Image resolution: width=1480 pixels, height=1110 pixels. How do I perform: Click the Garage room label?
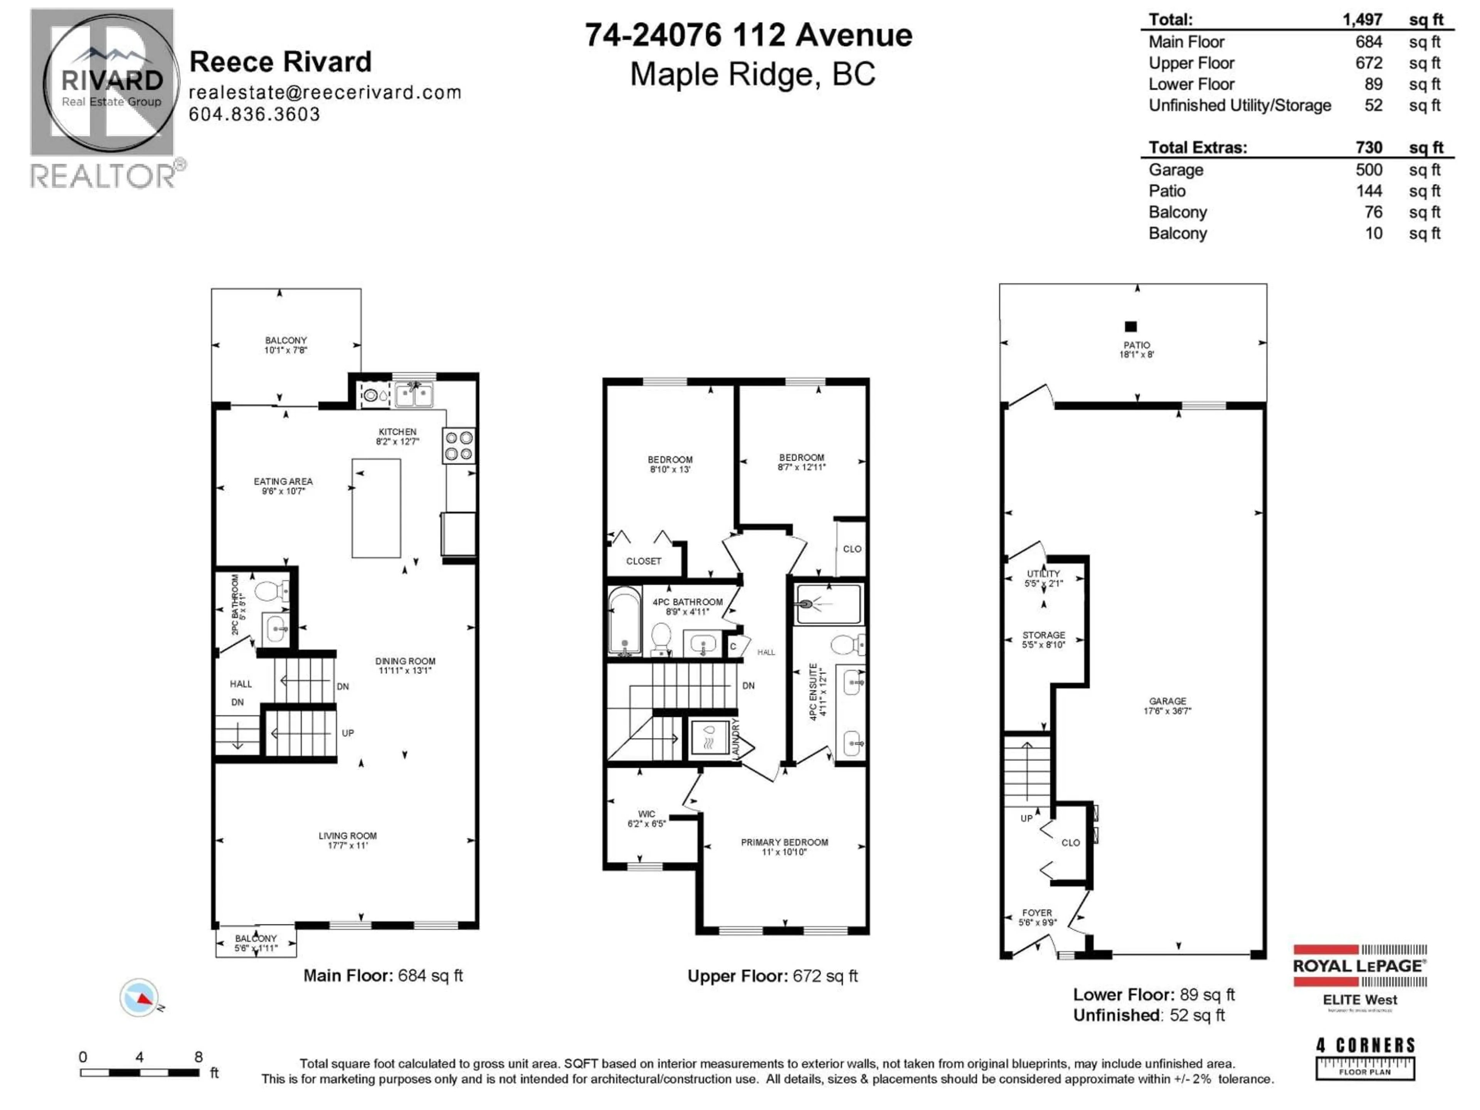1167,701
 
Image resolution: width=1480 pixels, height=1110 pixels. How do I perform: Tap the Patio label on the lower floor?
1137,345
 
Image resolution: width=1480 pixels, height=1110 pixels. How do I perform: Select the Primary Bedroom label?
784,843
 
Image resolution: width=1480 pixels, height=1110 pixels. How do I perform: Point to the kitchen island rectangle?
376,508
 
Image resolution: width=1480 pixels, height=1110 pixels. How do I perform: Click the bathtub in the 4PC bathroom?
624,620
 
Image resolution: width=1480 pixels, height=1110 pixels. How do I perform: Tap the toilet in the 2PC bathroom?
270,591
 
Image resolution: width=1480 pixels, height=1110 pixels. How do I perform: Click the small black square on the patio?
1131,326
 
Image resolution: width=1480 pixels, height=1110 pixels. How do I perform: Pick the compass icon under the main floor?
140,997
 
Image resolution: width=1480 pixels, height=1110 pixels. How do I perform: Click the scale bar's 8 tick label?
199,1057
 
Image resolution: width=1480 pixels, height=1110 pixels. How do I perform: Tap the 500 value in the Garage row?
1369,170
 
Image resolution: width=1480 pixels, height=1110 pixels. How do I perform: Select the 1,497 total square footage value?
1362,19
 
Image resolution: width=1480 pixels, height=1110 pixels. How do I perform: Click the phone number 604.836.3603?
254,114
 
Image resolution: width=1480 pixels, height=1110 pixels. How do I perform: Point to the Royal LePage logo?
1360,965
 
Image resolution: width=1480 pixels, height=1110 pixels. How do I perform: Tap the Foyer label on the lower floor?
1037,913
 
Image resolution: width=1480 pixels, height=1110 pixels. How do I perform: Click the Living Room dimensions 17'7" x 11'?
347,845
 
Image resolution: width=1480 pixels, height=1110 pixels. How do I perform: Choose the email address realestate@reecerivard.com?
325,92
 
